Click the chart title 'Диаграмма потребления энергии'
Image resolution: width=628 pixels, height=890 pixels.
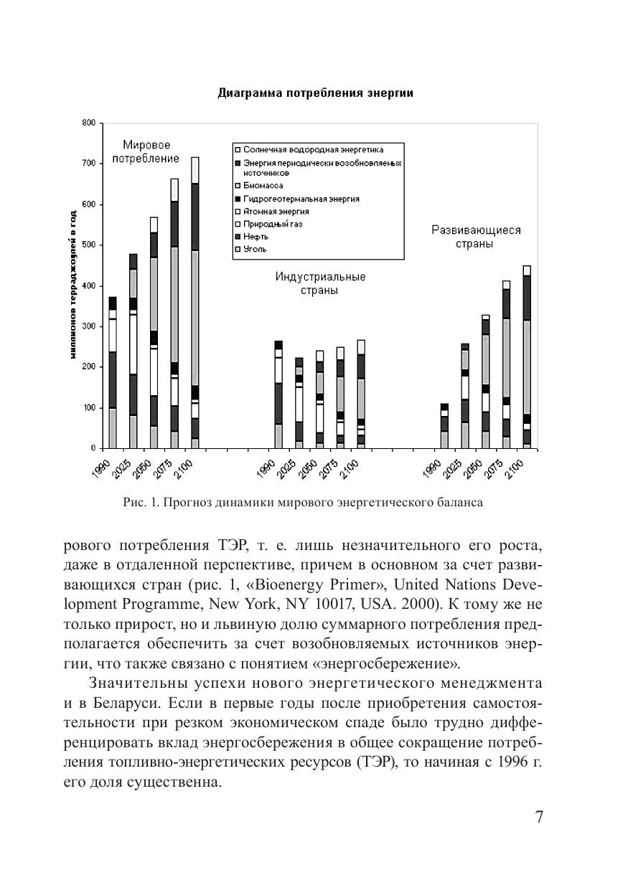(x=315, y=94)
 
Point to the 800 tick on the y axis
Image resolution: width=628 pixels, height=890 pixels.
(x=88, y=123)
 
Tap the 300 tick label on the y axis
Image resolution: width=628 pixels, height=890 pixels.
(x=88, y=326)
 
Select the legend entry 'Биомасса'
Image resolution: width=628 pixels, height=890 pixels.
(x=263, y=186)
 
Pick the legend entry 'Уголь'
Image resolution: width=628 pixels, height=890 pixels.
(x=255, y=250)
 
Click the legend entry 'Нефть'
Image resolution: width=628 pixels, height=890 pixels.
(x=256, y=237)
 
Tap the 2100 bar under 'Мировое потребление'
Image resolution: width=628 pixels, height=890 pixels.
(x=195, y=301)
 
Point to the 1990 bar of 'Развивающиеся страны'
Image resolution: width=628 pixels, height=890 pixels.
(x=444, y=426)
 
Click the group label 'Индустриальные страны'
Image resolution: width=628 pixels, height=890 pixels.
(x=320, y=283)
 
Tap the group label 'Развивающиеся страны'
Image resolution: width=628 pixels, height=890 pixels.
(x=476, y=237)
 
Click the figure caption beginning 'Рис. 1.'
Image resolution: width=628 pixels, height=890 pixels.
(x=302, y=503)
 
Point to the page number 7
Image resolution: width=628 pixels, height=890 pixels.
(x=539, y=818)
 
